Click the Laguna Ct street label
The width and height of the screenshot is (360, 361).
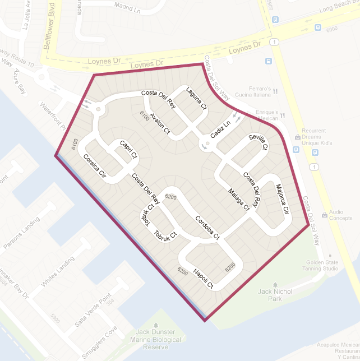197,99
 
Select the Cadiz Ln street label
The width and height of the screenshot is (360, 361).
220,129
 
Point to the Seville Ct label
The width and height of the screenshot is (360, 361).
259,142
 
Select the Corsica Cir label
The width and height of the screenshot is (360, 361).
94,166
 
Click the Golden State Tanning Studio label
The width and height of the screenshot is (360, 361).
322,265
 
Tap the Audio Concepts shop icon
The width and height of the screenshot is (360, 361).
324,215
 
